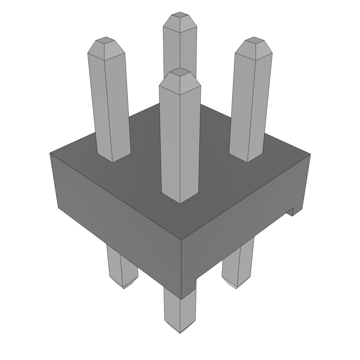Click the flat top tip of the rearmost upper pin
click(180, 15)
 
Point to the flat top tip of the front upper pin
click(180, 72)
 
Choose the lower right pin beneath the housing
click(238, 264)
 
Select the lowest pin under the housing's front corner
click(180, 309)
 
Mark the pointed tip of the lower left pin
click(125, 287)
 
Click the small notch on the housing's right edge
click(290, 212)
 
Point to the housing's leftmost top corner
click(50, 153)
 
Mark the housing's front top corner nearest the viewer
click(181, 240)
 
